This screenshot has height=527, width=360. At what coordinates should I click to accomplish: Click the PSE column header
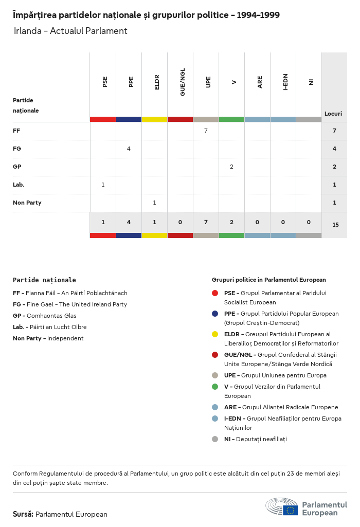click(x=105, y=82)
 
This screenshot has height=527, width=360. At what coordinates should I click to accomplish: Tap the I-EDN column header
click(x=285, y=82)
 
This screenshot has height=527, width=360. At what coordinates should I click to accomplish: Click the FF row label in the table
click(x=16, y=131)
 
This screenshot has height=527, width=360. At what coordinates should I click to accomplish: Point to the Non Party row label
click(x=27, y=203)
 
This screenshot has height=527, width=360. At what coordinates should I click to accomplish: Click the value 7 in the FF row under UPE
click(x=206, y=131)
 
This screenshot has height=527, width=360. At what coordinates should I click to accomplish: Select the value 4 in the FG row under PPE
click(x=129, y=149)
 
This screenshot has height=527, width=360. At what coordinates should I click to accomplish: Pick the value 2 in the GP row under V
click(x=231, y=167)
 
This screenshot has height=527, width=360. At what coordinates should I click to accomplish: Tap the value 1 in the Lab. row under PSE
click(x=103, y=185)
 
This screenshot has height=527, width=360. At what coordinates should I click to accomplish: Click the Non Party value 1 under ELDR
click(x=154, y=203)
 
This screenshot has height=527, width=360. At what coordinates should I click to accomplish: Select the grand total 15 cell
click(x=335, y=225)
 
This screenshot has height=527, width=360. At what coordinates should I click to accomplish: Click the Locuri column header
click(x=333, y=114)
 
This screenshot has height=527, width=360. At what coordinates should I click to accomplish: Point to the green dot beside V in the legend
click(x=215, y=387)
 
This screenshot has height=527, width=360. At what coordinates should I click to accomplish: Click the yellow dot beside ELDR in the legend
click(x=215, y=334)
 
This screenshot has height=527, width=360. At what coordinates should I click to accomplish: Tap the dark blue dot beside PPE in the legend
click(x=215, y=314)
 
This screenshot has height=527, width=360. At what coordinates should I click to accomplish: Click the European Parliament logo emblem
click(x=281, y=507)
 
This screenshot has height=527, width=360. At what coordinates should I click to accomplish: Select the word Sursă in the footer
click(x=23, y=514)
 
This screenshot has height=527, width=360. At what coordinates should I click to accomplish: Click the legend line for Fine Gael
click(x=69, y=304)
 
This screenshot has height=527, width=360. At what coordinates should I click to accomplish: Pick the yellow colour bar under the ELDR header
click(x=154, y=119)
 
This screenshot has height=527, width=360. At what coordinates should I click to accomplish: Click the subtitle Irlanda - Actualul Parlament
click(x=70, y=31)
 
